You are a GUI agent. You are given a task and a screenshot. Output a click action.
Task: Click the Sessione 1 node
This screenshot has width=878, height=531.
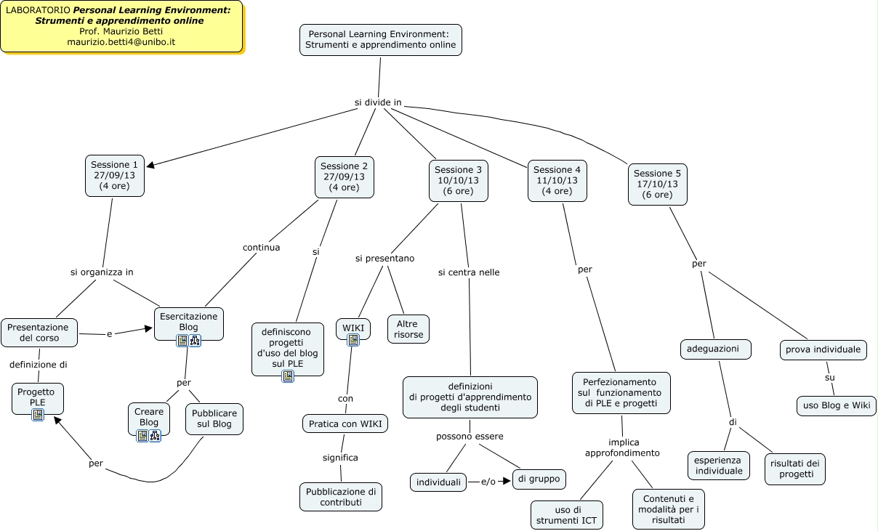pyautogui.click(x=115, y=176)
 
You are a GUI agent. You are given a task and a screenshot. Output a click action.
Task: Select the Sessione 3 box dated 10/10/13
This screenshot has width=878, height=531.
pyautogui.click(x=458, y=180)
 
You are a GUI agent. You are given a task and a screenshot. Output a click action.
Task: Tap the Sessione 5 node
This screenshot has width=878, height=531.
pyautogui.click(x=657, y=184)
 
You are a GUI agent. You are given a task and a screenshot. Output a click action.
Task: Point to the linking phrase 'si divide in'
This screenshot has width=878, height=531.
pyautogui.click(x=378, y=102)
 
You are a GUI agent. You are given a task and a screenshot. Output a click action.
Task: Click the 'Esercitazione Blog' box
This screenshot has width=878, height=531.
pyautogui.click(x=188, y=322)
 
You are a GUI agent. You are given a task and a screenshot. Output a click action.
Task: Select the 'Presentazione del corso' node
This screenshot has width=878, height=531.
pyautogui.click(x=39, y=333)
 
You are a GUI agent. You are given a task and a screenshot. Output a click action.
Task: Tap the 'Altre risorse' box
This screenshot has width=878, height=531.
pyautogui.click(x=408, y=329)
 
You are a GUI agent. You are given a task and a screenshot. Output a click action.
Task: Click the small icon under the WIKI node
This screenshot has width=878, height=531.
pyautogui.click(x=353, y=340)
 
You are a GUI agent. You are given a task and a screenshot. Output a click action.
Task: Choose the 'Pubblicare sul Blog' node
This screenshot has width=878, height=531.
pyautogui.click(x=214, y=418)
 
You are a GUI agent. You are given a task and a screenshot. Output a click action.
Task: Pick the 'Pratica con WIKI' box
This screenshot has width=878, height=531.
pyautogui.click(x=345, y=423)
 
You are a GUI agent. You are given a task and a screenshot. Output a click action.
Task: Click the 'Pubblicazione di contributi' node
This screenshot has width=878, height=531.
pyautogui.click(x=340, y=497)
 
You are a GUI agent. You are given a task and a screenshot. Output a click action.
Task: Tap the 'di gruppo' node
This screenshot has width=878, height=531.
pyautogui.click(x=539, y=479)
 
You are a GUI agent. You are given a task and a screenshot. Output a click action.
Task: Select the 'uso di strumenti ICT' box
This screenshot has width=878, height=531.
pyautogui.click(x=567, y=515)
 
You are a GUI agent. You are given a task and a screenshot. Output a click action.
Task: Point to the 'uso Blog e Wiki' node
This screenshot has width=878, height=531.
pyautogui.click(x=836, y=405)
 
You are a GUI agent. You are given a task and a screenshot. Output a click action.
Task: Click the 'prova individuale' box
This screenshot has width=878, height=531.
pyautogui.click(x=823, y=349)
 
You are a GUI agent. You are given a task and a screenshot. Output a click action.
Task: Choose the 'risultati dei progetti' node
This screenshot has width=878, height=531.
pyautogui.click(x=794, y=469)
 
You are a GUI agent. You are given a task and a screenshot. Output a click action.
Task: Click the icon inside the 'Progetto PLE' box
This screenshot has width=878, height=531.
pyautogui.click(x=38, y=415)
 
